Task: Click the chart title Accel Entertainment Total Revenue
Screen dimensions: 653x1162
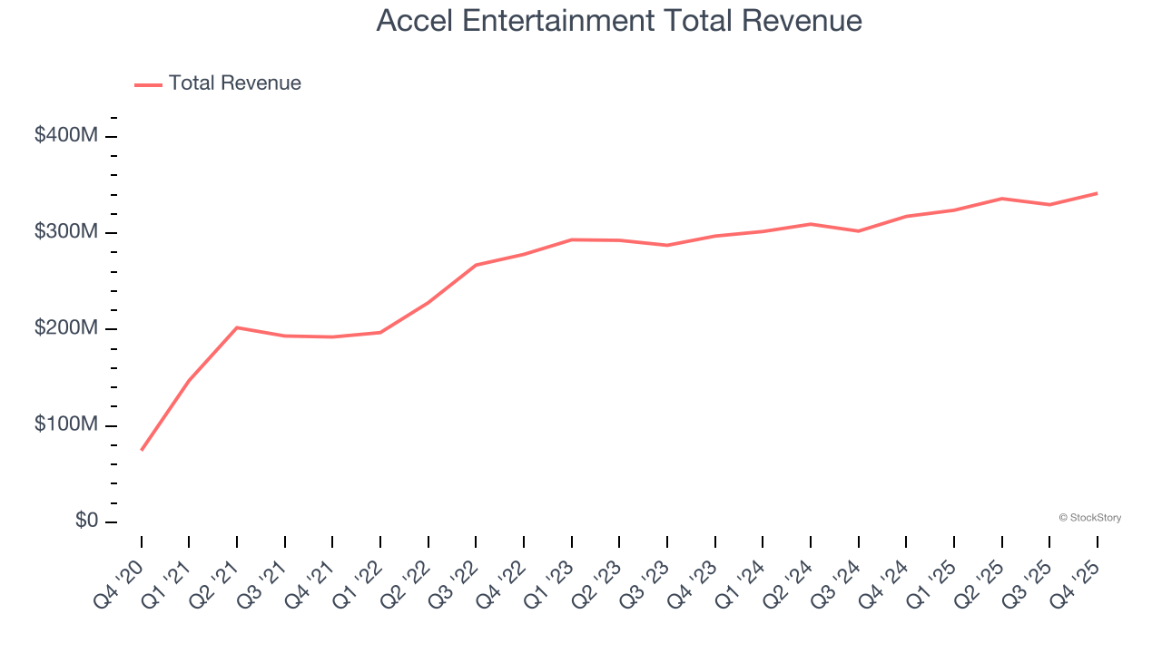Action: coord(619,21)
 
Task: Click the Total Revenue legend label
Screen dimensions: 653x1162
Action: coord(234,83)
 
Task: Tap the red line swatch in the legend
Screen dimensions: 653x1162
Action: coord(148,84)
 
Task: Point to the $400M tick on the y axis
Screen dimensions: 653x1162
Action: coord(66,136)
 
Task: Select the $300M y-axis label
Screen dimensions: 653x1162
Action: coord(66,232)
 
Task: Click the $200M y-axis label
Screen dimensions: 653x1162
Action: coord(66,328)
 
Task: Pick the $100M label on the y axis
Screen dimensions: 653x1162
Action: coord(66,425)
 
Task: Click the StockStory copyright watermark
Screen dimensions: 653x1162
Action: coord(1089,518)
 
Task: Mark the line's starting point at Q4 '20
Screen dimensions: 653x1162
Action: coord(142,450)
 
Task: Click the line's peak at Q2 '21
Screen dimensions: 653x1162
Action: coord(237,327)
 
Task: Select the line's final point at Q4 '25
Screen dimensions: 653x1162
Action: coord(1098,193)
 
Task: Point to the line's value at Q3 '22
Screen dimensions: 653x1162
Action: coord(476,265)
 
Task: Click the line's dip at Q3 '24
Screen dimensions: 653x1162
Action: coord(859,231)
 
